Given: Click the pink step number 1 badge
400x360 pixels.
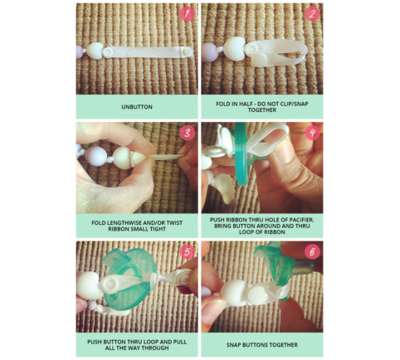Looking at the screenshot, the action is click(188, 14).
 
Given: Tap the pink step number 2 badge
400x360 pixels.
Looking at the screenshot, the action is click(312, 14).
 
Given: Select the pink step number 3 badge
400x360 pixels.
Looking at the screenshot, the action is click(188, 133).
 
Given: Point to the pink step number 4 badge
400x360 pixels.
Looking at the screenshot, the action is click(312, 133).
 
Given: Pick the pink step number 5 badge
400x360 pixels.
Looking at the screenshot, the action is click(188, 252).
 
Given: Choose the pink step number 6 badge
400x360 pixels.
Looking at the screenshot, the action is click(312, 252).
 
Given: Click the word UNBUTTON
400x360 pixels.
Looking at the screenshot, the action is click(137, 107).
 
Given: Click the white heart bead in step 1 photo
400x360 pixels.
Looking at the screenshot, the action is click(95, 51).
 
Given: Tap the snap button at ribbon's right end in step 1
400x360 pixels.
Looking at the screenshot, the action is click(188, 51).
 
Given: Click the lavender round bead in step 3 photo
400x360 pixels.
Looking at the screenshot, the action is click(96, 157).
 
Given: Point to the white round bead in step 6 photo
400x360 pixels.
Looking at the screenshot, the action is click(234, 294).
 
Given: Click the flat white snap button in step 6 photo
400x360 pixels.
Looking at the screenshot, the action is click(256, 294).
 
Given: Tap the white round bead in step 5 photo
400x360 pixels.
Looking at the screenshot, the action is click(88, 285).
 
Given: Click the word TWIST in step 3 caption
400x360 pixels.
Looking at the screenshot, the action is click(174, 222).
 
